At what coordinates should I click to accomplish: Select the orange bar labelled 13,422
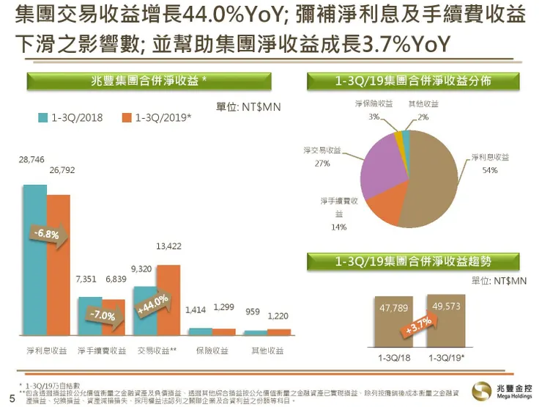click(168, 301)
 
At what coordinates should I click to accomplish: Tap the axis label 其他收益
click(267, 351)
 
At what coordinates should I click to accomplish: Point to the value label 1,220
click(278, 315)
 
